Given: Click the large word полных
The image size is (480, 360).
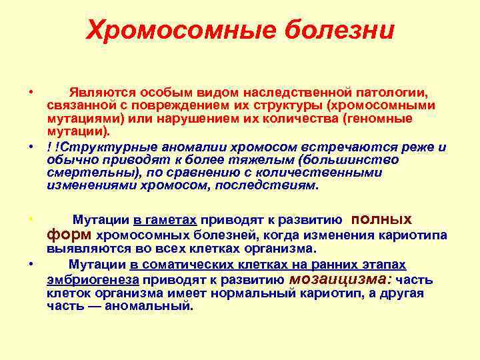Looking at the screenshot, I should (x=381, y=219).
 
